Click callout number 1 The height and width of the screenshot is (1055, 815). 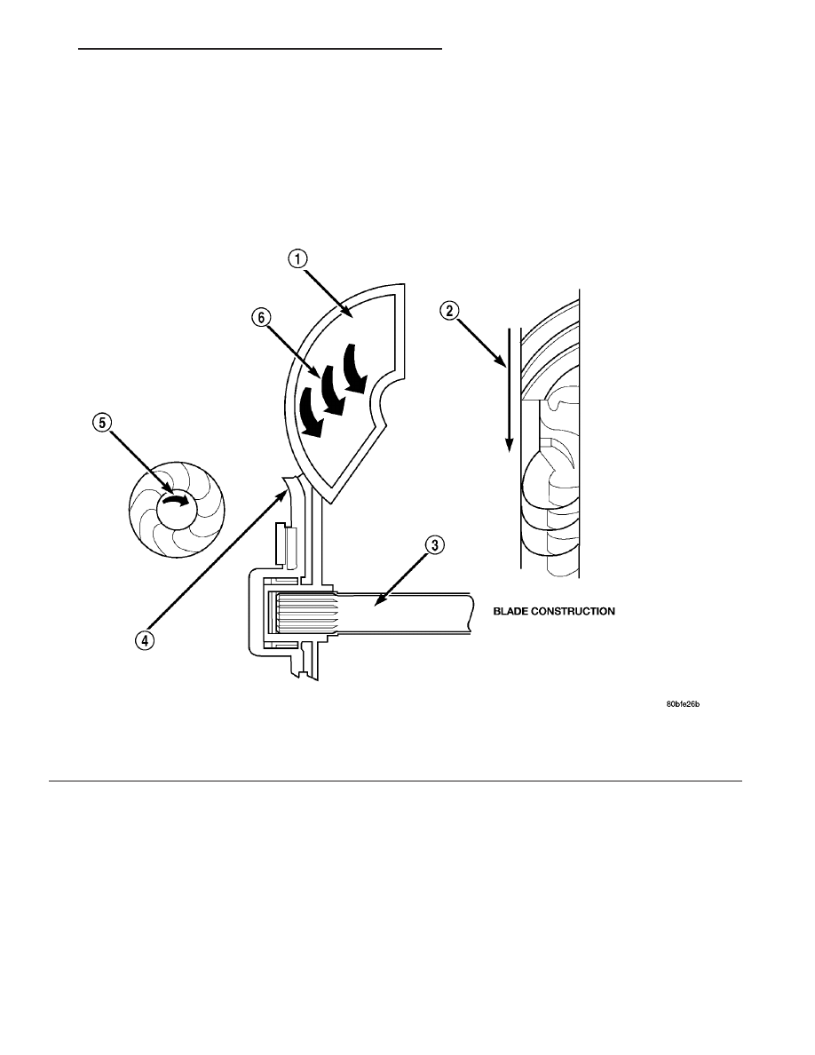click(298, 259)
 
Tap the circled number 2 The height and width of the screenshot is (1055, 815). click(450, 310)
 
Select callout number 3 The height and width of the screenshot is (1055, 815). click(434, 544)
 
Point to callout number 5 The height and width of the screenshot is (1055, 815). click(101, 422)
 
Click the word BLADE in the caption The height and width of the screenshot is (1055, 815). click(510, 611)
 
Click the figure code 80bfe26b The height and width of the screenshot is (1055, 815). click(683, 704)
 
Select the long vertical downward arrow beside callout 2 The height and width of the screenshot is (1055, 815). click(510, 390)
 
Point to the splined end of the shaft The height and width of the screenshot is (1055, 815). click(304, 612)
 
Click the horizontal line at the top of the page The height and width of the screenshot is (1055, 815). click(260, 49)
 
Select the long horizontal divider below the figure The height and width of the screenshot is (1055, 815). click(395, 781)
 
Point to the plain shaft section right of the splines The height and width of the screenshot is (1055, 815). click(403, 612)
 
